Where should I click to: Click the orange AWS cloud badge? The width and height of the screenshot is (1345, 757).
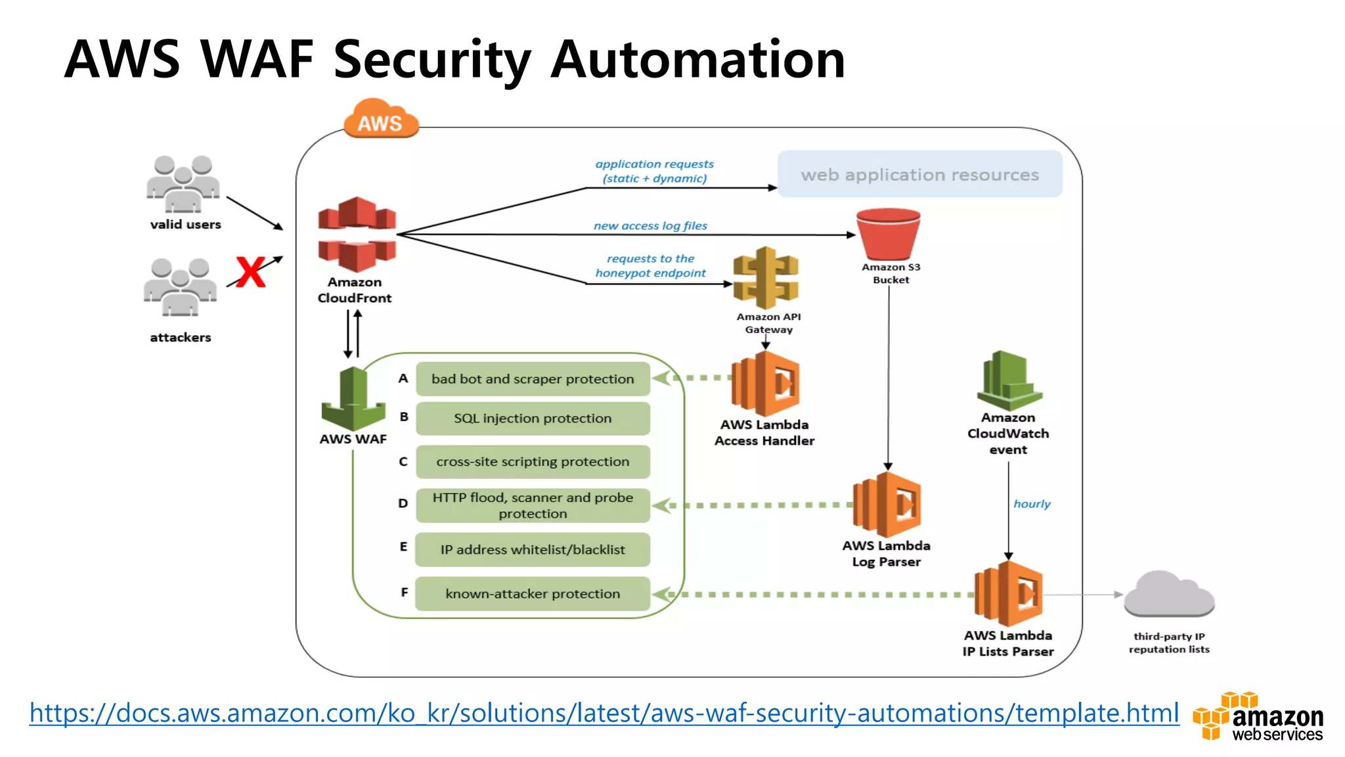(381, 120)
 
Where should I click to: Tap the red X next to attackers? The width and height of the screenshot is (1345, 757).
(250, 272)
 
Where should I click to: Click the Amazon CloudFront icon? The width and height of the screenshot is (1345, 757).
(357, 235)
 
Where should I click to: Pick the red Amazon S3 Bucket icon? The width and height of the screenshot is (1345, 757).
(889, 234)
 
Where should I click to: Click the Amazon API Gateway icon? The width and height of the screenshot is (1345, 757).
(766, 278)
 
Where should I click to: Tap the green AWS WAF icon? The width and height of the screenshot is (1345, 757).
(353, 399)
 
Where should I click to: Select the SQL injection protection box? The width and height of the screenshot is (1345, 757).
(533, 419)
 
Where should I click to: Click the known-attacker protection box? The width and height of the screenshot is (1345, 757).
(533, 594)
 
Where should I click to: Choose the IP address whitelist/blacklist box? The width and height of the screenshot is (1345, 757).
(533, 550)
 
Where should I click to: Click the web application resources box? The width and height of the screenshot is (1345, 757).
(919, 174)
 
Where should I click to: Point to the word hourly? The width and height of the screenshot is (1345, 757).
(1032, 504)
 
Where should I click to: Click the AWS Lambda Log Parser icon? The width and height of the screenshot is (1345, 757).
(887, 505)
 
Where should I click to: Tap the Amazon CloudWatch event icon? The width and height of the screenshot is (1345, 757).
(1009, 381)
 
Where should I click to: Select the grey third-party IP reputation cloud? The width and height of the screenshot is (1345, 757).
(1169, 594)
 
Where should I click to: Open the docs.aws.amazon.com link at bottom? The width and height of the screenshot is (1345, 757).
(604, 713)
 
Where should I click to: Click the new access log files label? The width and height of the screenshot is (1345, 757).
(650, 226)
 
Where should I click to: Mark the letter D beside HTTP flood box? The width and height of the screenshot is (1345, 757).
(403, 503)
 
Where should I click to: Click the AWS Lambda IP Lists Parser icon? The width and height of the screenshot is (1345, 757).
(1008, 594)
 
